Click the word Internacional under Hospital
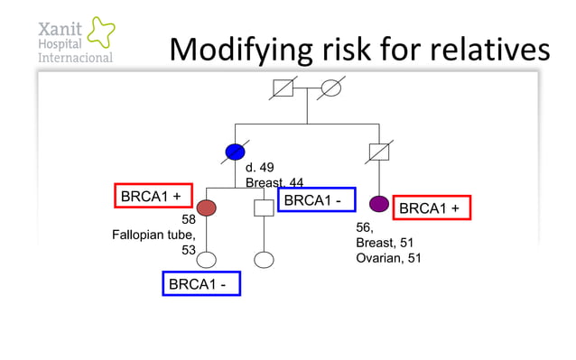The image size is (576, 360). tap(75, 58)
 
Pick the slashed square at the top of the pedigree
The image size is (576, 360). tap(284, 88)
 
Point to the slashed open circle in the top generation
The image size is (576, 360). tap(331, 88)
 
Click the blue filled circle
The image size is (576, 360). tap(235, 152)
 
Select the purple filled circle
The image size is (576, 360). tap(379, 203)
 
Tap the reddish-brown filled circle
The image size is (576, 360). tap(207, 208)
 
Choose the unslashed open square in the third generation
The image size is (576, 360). tap(263, 208)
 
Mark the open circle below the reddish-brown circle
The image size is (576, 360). tap(207, 261)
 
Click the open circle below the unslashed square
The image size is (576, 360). tap(263, 261)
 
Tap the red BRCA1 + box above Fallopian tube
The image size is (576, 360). tap(153, 196)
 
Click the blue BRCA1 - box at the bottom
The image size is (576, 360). tap(200, 284)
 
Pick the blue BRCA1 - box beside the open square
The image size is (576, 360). tap(316, 199)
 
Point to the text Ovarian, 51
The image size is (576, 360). tap(388, 259)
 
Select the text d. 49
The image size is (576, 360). tap(260, 168)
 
